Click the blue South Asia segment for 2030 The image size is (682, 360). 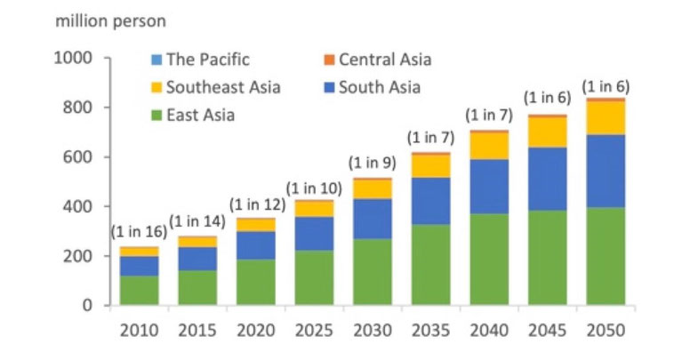click(372, 219)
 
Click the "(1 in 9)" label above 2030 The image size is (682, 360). click(372, 163)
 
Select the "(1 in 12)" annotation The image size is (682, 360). click(256, 203)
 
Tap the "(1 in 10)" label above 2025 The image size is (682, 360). click(314, 187)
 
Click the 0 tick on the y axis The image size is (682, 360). click(87, 305)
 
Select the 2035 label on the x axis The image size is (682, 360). click(429, 331)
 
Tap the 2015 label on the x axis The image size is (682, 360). click(197, 331)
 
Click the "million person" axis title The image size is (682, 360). click(110, 20)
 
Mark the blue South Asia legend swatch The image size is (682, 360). click(327, 87)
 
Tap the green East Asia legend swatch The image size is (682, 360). click(156, 115)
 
